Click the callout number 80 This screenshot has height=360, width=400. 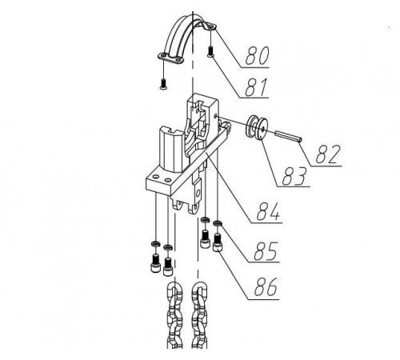tap(257, 56)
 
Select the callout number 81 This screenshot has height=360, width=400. tap(256, 87)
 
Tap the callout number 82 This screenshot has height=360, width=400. tap(328, 154)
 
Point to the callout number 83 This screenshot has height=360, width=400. tap(294, 176)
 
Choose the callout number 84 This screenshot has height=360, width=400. tap(268, 211)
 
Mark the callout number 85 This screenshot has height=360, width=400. tap(266, 251)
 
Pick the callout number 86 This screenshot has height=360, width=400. tap(266, 286)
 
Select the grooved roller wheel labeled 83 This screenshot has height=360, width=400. tap(257, 127)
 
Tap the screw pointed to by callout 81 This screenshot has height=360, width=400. tap(210, 51)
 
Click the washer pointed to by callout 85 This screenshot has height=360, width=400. tap(218, 223)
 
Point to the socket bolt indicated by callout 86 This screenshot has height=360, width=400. tap(218, 242)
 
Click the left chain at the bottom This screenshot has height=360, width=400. tap(174, 316)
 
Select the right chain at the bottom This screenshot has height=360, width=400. tap(199, 316)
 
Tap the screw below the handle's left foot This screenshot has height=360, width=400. tap(163, 84)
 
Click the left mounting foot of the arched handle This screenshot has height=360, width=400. tap(170, 58)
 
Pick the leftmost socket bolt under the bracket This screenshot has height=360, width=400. tap(155, 263)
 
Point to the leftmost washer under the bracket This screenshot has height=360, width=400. tap(155, 243)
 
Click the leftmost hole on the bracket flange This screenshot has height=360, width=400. tap(155, 177)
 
